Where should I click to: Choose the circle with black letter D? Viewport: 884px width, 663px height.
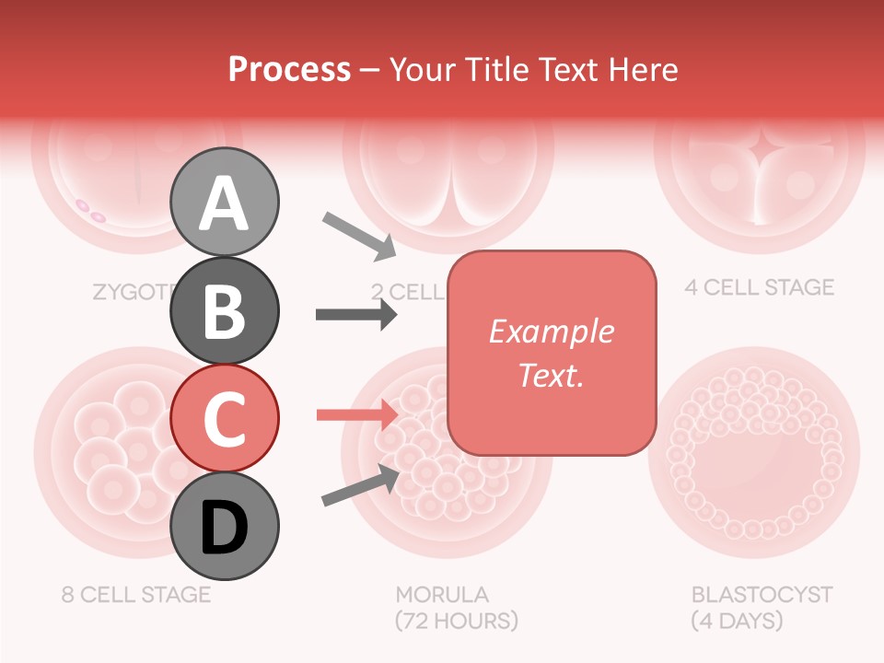(x=225, y=526)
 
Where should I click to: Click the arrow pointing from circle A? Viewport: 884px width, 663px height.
(x=358, y=234)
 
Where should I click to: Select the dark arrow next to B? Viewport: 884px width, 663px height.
(x=356, y=315)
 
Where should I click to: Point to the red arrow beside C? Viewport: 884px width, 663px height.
(x=356, y=414)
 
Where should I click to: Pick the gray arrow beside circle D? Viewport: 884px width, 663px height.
(x=360, y=485)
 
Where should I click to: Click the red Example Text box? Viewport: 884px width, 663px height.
(x=552, y=353)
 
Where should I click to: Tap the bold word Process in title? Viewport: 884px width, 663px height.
(x=289, y=69)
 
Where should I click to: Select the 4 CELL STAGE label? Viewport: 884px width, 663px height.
(x=759, y=287)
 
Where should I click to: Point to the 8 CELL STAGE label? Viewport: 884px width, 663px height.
(x=136, y=594)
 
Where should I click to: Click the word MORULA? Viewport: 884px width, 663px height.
(x=442, y=594)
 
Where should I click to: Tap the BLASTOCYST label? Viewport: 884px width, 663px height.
(x=762, y=594)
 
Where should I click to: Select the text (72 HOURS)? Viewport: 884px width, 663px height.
(x=457, y=621)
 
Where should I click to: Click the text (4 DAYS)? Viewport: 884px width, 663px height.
(x=737, y=621)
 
